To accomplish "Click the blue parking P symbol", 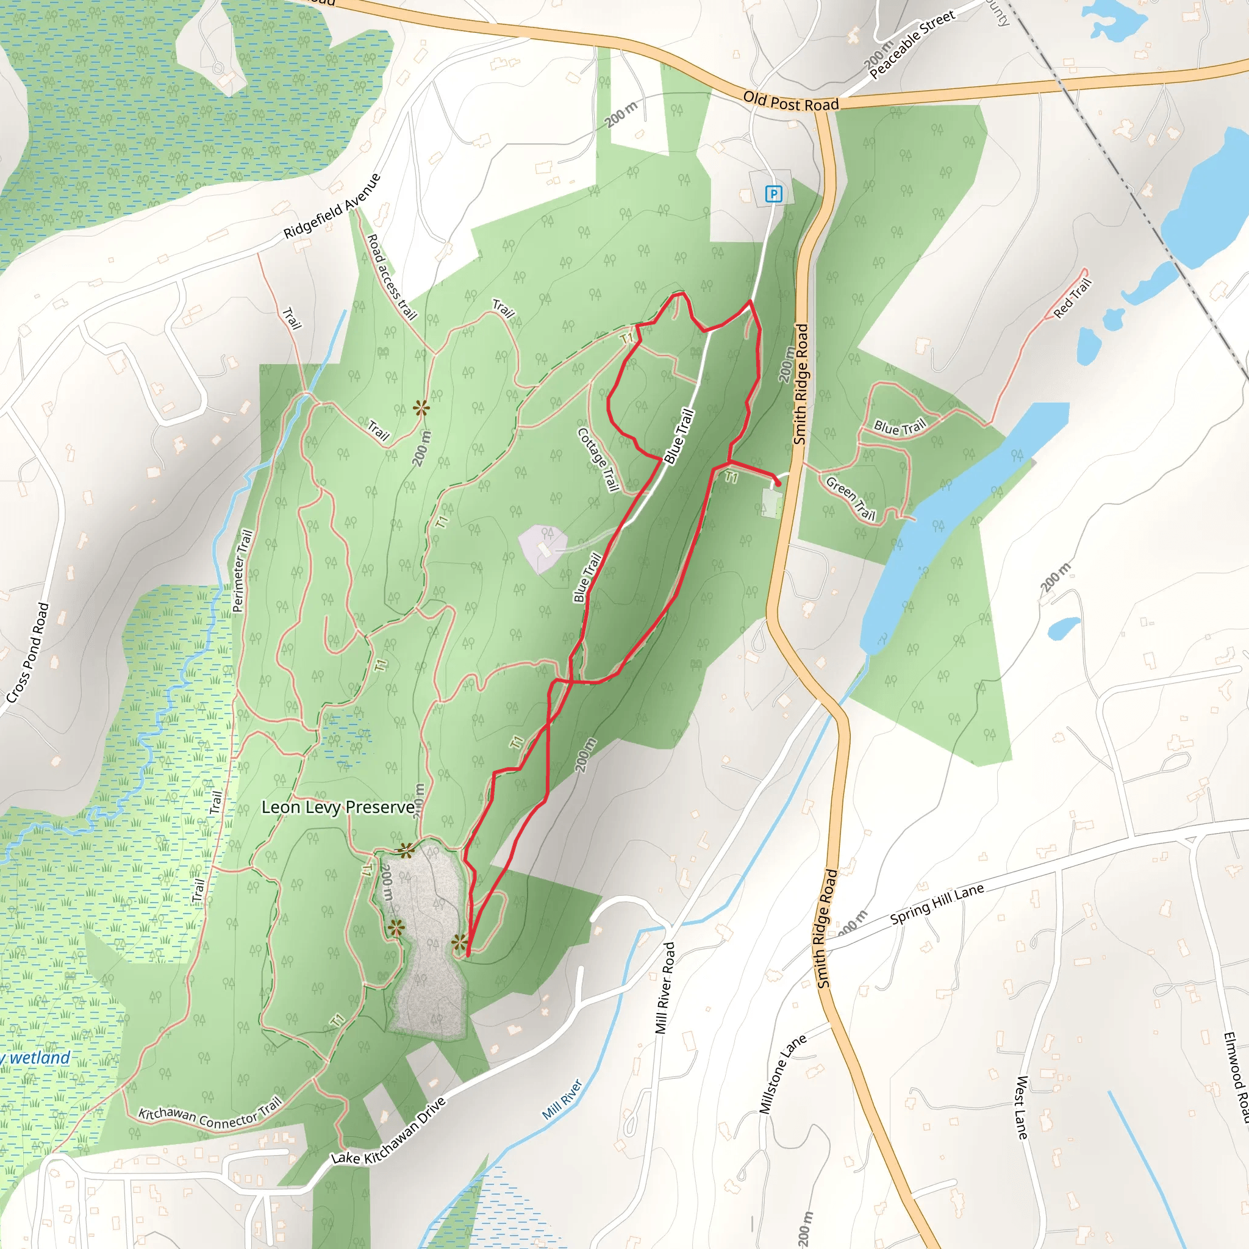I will coord(773,193).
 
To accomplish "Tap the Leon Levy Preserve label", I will coord(337,807).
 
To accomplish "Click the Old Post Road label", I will coord(790,101).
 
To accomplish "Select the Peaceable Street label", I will coord(912,45).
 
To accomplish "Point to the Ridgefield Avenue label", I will coord(332,206).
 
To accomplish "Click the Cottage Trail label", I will coord(599,460).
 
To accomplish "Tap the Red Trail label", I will coord(1073,298).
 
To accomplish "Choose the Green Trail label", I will coord(851,498).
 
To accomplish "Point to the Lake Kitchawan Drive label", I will coord(388,1131).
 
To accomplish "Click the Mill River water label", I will coord(562,1099).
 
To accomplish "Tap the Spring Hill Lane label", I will coord(937,904).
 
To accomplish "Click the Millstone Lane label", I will coord(782,1074).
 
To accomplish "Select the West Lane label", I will coord(1021,1108).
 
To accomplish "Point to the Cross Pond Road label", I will coord(28,653).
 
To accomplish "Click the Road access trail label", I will coord(391,277).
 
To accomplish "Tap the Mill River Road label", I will coord(665,987).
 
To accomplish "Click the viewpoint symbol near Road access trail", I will coord(421,408).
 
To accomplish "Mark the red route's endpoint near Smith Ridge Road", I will coord(778,484).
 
